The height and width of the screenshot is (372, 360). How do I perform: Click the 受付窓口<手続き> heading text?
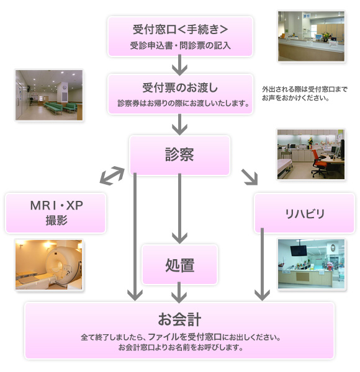point(180,29)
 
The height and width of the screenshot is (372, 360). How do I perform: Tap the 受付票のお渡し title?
point(180,88)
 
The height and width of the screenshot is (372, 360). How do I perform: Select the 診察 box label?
point(179,154)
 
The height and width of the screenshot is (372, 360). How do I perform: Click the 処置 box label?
point(180,265)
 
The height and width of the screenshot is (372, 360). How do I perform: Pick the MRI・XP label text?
point(56,205)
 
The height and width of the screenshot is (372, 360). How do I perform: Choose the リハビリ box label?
point(305,214)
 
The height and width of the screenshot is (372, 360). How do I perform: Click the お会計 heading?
point(179,319)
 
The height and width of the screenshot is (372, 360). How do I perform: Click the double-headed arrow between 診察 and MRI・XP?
point(112,175)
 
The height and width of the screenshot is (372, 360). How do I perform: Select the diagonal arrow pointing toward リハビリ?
point(250,177)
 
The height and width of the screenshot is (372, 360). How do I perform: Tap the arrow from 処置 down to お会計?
point(179,292)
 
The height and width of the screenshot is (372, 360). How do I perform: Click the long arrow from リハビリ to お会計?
point(262,264)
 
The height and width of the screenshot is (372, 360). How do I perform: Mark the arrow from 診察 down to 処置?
point(180,208)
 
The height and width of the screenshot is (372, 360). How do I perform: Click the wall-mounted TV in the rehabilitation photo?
point(299,250)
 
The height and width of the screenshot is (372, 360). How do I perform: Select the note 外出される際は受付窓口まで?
point(305,89)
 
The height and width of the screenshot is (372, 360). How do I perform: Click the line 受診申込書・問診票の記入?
point(180,45)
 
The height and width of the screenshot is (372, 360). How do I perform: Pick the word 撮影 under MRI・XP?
point(56,220)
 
